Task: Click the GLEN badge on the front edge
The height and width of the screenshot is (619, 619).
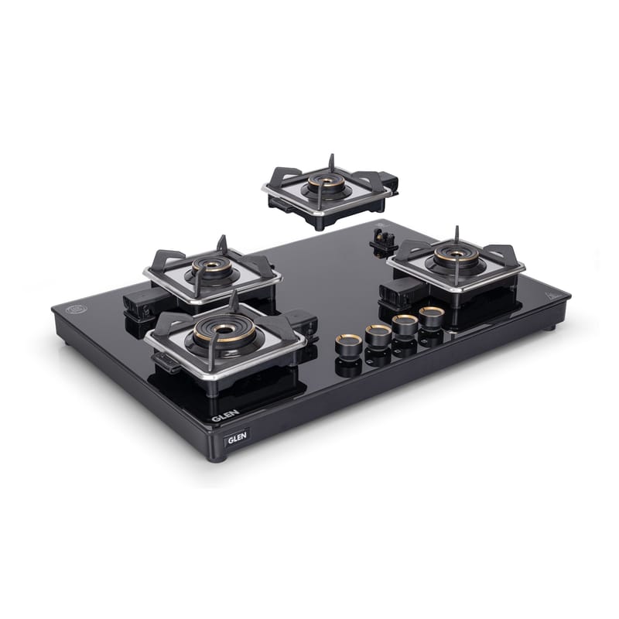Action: [x=238, y=436]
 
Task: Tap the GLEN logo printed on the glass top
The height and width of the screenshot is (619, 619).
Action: [x=225, y=415]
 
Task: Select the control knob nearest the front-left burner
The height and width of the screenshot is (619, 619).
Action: [x=349, y=344]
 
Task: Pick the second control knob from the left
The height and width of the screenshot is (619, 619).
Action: [x=378, y=335]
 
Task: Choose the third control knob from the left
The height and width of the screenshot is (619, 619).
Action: [x=405, y=326]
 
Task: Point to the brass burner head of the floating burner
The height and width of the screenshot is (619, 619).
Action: [x=326, y=183]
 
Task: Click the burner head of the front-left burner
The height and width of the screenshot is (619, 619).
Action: [x=224, y=331]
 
